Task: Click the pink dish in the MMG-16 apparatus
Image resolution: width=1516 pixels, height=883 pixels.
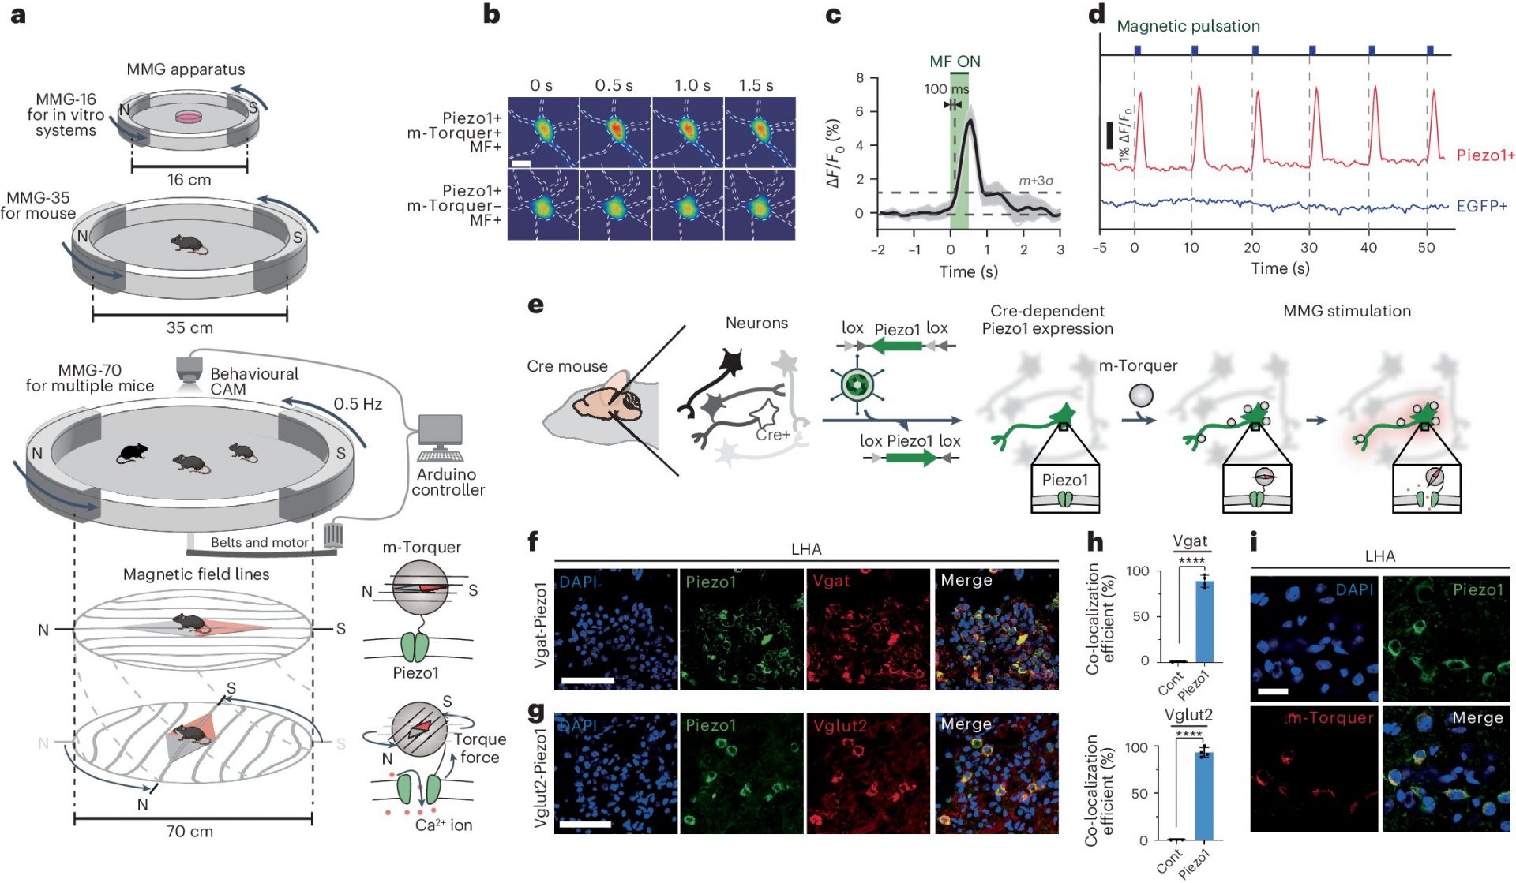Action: click(189, 117)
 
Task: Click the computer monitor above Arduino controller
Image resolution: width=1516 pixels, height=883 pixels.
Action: click(441, 431)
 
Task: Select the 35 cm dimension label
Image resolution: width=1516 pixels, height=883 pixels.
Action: click(189, 327)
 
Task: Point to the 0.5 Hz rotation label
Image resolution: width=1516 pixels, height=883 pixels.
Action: click(358, 404)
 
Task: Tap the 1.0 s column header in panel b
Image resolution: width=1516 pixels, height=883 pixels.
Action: click(692, 85)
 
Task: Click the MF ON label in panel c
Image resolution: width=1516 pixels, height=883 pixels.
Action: click(955, 62)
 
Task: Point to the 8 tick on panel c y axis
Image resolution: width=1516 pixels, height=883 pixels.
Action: click(860, 78)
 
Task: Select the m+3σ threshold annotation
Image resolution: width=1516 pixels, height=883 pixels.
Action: click(1035, 181)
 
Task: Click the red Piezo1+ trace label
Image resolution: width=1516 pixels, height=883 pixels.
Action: click(1484, 155)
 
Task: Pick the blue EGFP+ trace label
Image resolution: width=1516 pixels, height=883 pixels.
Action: click(1481, 207)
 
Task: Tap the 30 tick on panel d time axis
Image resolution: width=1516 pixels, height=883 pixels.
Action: click(1309, 248)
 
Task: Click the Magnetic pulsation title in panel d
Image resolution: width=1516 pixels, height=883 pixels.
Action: click(1188, 26)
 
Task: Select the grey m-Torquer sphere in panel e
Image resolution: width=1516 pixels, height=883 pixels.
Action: click(1141, 395)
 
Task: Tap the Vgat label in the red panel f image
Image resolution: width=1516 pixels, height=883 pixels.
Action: click(831, 582)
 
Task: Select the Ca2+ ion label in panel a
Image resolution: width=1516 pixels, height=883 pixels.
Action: click(444, 825)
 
